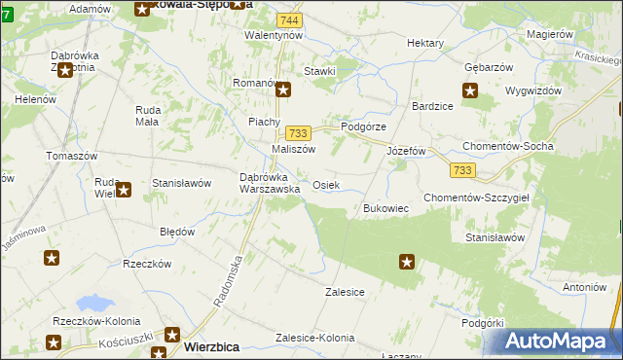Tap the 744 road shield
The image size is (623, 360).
click(287, 20)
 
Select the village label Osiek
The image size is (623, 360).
click(326, 185)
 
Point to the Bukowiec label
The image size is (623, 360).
click(385, 208)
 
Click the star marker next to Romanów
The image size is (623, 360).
click(284, 90)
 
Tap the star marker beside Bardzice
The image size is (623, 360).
click(470, 92)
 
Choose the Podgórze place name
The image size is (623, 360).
click(363, 126)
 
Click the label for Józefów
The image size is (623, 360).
click(407, 152)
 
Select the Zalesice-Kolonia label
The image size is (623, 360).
click(315, 337)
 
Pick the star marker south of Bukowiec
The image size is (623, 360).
click(407, 262)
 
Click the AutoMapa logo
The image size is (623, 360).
click(559, 342)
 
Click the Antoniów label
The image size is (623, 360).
click(585, 287)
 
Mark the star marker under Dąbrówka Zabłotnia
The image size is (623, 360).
click(67, 69)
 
